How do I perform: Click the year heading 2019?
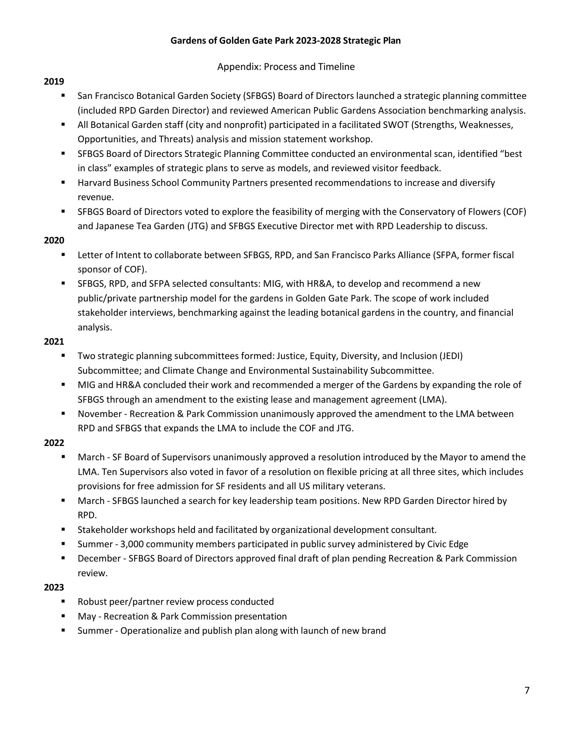tap(54, 82)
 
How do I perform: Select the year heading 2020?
tap(54, 240)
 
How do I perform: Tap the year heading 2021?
tap(54, 342)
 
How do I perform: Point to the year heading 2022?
tap(54, 443)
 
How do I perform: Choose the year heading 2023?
tap(54, 587)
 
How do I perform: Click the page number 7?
tap(527, 690)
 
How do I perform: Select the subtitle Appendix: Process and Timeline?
tap(286, 67)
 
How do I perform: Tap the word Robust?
tap(92, 602)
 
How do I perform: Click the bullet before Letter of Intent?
tap(63, 254)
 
